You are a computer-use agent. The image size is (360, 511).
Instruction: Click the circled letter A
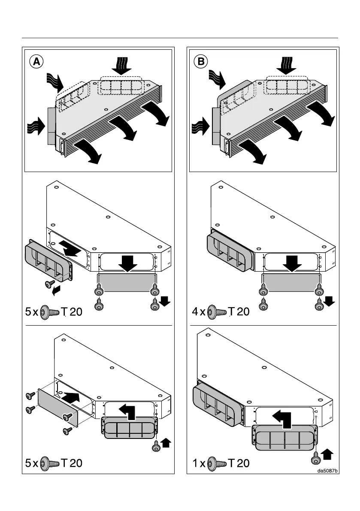point(37,62)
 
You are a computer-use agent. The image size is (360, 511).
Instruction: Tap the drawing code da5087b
point(328,471)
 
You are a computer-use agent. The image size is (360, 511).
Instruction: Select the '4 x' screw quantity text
point(198,312)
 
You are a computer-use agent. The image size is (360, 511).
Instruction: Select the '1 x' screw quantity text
point(198,463)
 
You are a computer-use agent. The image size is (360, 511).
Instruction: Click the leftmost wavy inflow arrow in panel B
point(200,127)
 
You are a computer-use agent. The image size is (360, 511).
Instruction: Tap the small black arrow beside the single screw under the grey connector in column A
point(54,292)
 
